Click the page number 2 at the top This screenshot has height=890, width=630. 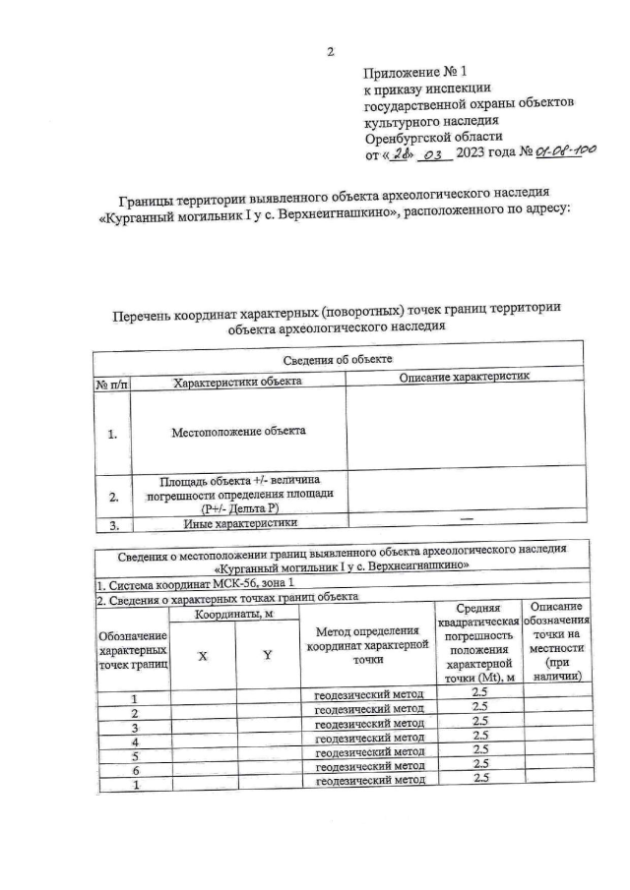point(331,51)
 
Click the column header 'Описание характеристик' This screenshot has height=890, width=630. point(465,379)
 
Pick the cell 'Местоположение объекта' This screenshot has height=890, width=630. point(238,431)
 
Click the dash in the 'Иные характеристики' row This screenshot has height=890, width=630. point(465,519)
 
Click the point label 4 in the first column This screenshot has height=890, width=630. point(133,739)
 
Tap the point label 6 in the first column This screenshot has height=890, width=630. point(133,769)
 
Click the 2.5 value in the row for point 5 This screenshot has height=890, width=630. point(480,752)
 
